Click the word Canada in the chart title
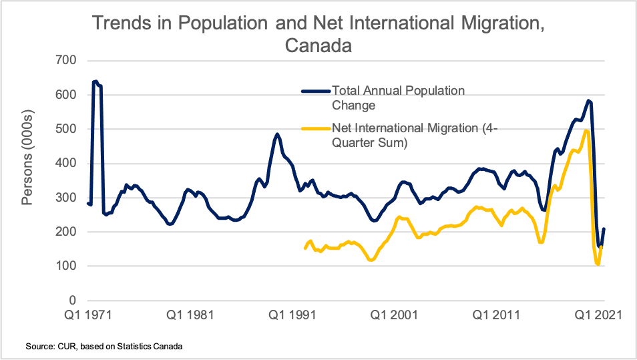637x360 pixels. [x=318, y=47]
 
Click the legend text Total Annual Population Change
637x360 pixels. [x=398, y=98]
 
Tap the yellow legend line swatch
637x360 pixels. [x=314, y=128]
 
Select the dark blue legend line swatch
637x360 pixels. [x=314, y=91]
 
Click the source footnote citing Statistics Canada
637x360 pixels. [x=103, y=347]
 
